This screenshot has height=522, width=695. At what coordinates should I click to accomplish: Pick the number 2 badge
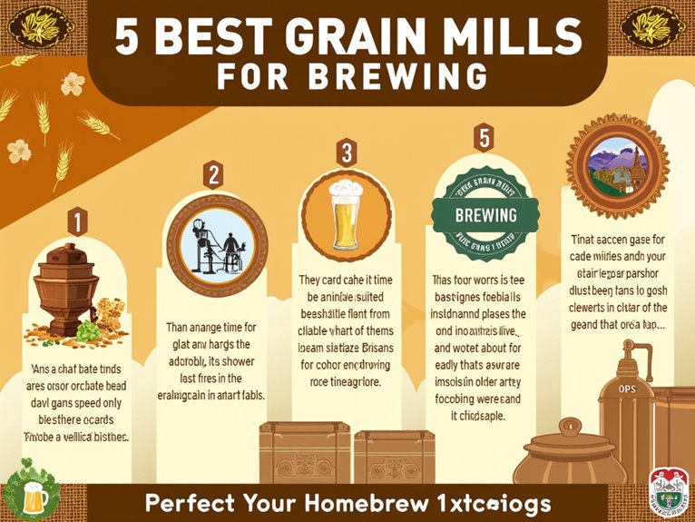[x=214, y=174]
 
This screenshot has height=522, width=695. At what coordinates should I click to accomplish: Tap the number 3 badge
[x=345, y=153]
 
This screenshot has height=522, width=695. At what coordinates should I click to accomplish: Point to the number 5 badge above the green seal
[x=484, y=138]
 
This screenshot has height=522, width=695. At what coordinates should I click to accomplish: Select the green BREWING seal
[x=486, y=217]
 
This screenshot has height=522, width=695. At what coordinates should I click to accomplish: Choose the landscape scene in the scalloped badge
[x=617, y=166]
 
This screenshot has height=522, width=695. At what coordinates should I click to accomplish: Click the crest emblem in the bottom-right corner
[x=669, y=494]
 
